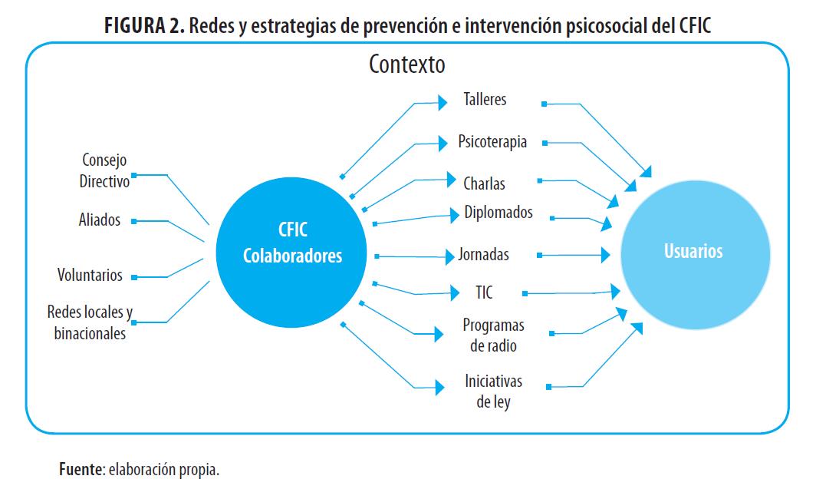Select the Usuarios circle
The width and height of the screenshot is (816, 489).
click(x=693, y=251)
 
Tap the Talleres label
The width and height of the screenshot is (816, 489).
click(x=485, y=100)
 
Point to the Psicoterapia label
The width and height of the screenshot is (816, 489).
click(x=492, y=142)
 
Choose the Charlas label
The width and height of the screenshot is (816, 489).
click(x=484, y=183)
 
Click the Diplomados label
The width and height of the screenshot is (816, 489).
click(x=498, y=213)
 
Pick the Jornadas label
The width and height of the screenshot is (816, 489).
click(x=483, y=254)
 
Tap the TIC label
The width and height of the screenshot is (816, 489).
click(x=483, y=292)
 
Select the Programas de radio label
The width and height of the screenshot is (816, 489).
click(x=493, y=335)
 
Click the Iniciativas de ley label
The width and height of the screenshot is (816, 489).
click(x=493, y=391)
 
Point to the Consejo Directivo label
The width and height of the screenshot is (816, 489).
click(x=104, y=170)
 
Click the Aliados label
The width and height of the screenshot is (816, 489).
click(x=100, y=220)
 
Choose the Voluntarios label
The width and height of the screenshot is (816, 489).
click(x=90, y=275)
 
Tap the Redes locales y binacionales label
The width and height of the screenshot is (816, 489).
click(x=90, y=323)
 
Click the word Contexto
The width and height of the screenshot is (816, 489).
click(x=406, y=64)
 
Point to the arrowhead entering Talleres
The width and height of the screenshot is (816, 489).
click(x=443, y=101)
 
